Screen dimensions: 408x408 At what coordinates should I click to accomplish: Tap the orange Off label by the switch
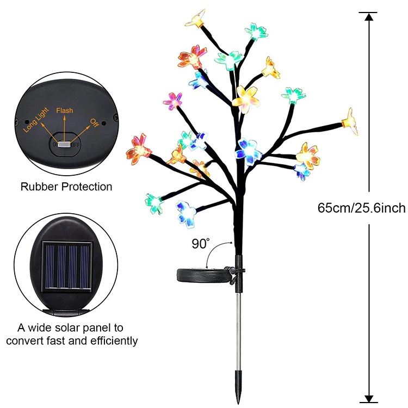tap(95, 121)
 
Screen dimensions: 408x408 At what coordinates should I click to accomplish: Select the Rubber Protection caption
tap(66, 187)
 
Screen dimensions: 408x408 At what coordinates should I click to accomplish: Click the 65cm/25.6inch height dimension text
tap(361, 208)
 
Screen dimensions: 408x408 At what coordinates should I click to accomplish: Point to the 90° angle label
tap(200, 244)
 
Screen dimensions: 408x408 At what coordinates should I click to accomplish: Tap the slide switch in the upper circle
tap(64, 145)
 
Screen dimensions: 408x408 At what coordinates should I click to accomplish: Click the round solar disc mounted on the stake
tap(201, 275)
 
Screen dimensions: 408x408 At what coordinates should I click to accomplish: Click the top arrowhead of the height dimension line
tap(369, 16)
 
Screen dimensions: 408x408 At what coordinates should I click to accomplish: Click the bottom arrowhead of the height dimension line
tap(369, 398)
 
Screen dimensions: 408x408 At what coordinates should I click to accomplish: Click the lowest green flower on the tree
tap(154, 203)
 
